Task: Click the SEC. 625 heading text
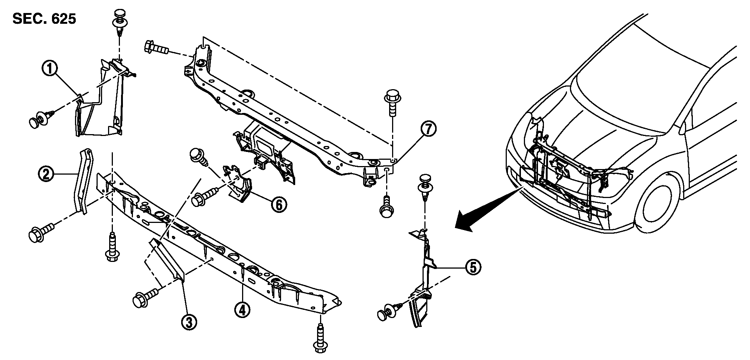(44, 19)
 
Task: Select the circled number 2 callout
(46, 174)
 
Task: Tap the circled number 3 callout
(189, 322)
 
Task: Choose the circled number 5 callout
(473, 267)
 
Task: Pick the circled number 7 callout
(428, 129)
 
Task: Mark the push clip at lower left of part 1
(41, 120)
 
